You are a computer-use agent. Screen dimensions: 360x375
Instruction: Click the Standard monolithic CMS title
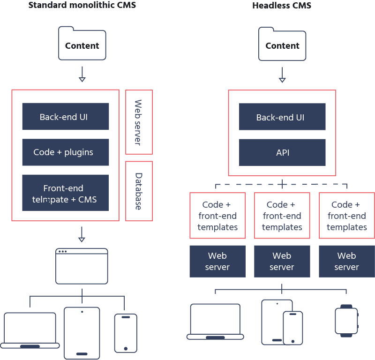tap(82, 6)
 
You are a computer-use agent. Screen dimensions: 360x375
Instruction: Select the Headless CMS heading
tap(282, 6)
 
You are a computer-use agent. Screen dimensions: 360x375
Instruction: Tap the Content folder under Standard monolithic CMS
tap(82, 44)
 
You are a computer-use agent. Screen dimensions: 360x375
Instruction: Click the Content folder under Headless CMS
tap(282, 44)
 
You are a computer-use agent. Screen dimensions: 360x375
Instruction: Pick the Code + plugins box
tap(66, 152)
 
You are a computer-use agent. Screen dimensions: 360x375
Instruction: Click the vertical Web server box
tap(139, 122)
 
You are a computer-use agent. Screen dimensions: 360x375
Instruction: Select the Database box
tap(139, 191)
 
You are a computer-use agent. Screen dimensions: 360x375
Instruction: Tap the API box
tap(282, 152)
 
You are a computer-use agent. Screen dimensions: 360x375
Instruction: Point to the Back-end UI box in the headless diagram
tap(282, 117)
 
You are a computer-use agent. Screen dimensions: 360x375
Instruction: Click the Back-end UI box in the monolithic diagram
tap(66, 117)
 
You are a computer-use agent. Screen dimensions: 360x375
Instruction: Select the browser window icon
tap(82, 266)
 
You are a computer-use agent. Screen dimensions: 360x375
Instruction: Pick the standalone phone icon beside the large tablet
tap(126, 332)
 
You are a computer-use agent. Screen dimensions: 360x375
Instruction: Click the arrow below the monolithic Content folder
tap(82, 74)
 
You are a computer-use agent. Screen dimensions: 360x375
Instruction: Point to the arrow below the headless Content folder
tap(282, 74)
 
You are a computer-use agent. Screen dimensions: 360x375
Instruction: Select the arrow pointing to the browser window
tap(82, 234)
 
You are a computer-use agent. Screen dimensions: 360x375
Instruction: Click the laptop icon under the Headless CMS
tap(215, 322)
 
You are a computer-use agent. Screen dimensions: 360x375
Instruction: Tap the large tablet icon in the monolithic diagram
tap(82, 332)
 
